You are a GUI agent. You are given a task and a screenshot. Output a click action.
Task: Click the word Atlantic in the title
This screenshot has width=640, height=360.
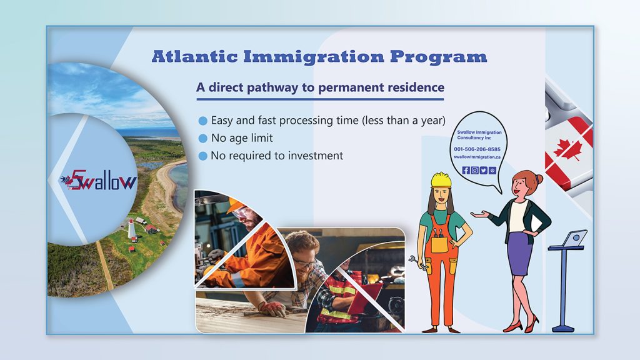(195, 56)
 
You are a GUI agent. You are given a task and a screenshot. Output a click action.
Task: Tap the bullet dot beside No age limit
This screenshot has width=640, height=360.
(203, 138)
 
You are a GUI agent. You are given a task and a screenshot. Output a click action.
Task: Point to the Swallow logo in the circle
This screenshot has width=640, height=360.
(98, 180)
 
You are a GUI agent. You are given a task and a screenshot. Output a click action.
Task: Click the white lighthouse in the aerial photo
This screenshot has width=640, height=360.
(132, 229)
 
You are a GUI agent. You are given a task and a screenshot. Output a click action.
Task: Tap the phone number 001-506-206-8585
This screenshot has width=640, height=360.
(477, 149)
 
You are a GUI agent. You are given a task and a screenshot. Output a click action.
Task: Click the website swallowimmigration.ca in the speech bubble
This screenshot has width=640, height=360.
(477, 157)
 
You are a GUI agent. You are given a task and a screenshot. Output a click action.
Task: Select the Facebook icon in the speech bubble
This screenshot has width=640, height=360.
(466, 170)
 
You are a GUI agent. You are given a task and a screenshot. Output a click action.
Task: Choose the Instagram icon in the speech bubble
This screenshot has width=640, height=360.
(475, 170)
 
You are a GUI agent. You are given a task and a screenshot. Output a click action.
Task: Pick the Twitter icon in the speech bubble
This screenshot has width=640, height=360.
(484, 170)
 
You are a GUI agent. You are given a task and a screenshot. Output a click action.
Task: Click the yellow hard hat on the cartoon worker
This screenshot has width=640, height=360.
(441, 180)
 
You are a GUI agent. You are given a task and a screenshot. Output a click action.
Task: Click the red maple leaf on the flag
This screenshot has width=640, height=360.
(569, 149)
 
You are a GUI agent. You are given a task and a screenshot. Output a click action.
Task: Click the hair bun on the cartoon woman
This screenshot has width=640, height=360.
(539, 179)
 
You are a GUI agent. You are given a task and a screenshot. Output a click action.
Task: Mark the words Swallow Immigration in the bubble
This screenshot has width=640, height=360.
(479, 132)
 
